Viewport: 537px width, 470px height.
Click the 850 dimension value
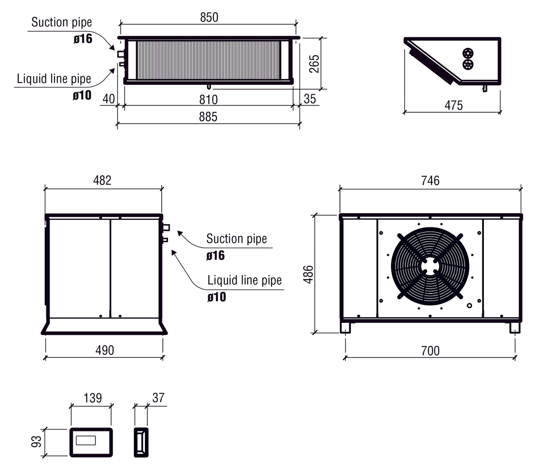[209, 17]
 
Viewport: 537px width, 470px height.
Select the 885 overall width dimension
[208, 117]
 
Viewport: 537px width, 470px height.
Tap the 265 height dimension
[314, 64]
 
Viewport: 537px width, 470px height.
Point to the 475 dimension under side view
[453, 106]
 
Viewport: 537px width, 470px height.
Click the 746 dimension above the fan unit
[430, 181]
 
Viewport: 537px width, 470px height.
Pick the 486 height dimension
[308, 274]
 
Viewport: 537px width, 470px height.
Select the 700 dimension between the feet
[430, 351]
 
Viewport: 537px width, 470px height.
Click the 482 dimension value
[102, 181]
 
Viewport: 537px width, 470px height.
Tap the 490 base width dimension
[104, 350]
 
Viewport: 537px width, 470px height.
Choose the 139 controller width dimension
[93, 398]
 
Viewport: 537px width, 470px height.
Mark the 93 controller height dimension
[36, 441]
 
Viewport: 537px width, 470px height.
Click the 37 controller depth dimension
[158, 398]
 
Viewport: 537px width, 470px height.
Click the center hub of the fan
[430, 266]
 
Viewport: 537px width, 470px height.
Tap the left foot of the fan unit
[345, 328]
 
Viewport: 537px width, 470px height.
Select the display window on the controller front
[86, 441]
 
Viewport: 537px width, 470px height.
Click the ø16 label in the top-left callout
[83, 39]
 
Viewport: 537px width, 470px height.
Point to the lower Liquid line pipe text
[244, 280]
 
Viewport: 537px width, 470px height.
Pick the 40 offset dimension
[109, 99]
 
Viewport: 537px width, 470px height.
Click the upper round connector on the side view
[468, 52]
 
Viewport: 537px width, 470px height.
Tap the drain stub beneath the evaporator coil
[209, 87]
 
